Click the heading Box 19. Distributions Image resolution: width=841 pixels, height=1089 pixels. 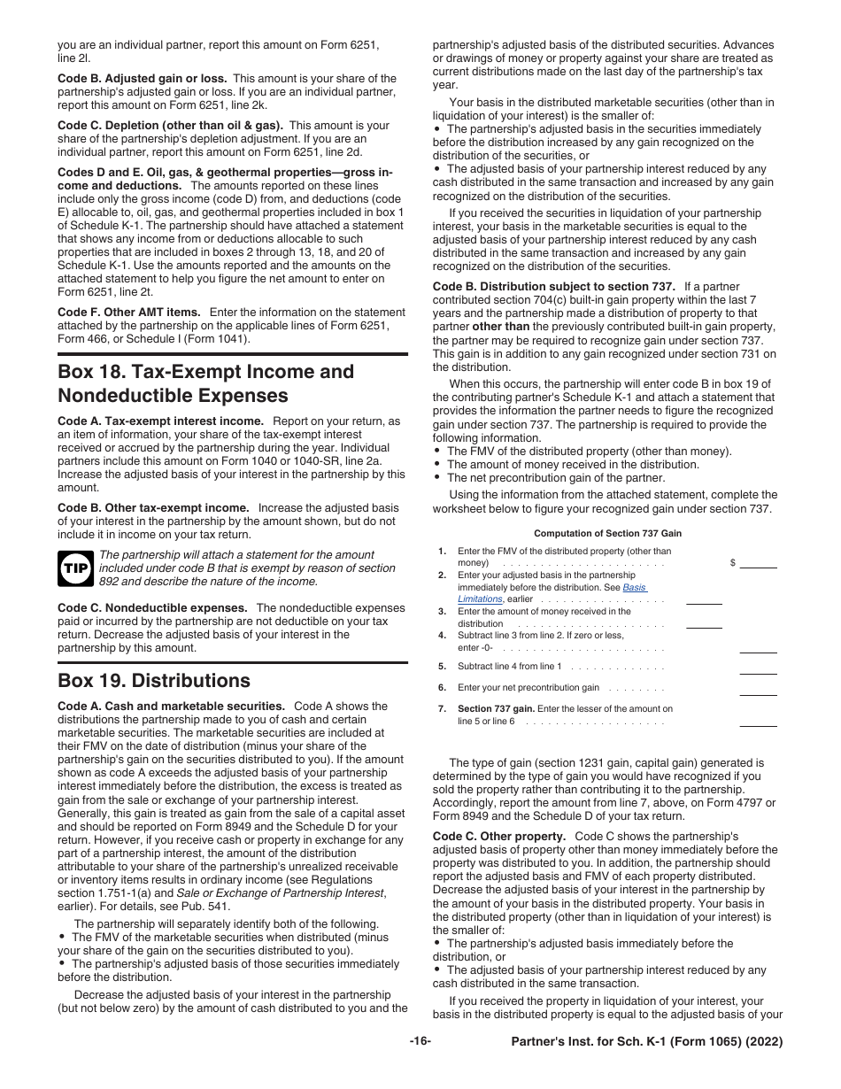pos(154,681)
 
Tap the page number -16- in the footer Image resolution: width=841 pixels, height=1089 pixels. pos(420,1041)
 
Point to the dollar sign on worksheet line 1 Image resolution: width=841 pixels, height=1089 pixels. pos(732,563)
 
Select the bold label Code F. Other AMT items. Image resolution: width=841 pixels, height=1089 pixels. pos(129,313)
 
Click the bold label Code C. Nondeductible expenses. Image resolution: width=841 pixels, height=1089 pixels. pos(152,608)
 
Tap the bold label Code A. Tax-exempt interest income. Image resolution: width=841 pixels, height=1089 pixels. pos(160,421)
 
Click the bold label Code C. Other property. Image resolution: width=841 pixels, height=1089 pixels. pos(499,837)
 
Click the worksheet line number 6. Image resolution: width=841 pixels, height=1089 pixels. pos(442,688)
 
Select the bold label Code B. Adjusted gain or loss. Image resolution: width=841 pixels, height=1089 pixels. pos(142,79)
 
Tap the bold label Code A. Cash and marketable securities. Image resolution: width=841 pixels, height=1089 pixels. pos(171,707)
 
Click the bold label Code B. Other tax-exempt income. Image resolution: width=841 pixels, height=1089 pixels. pos(153,508)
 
